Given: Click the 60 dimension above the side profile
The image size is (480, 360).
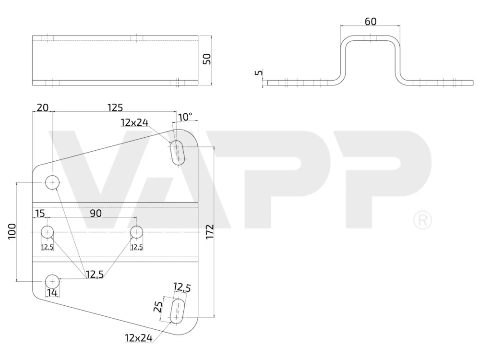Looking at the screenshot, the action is tap(371, 22).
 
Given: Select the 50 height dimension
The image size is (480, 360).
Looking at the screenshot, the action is tap(207, 59).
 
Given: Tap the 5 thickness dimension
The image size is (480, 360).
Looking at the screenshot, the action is tap(259, 73).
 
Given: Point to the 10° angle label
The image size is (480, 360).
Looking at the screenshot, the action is tap(185, 117).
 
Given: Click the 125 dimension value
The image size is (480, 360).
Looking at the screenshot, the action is tap(115, 108).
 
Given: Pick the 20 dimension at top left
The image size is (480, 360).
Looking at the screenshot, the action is tap(43, 108).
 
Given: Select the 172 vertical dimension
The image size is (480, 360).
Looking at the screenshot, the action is tap(210, 232).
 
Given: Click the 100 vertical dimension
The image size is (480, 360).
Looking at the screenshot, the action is tap(12, 231).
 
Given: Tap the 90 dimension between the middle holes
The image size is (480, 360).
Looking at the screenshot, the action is tap(96, 214).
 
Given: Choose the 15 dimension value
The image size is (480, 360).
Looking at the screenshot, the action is tap(40, 214).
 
